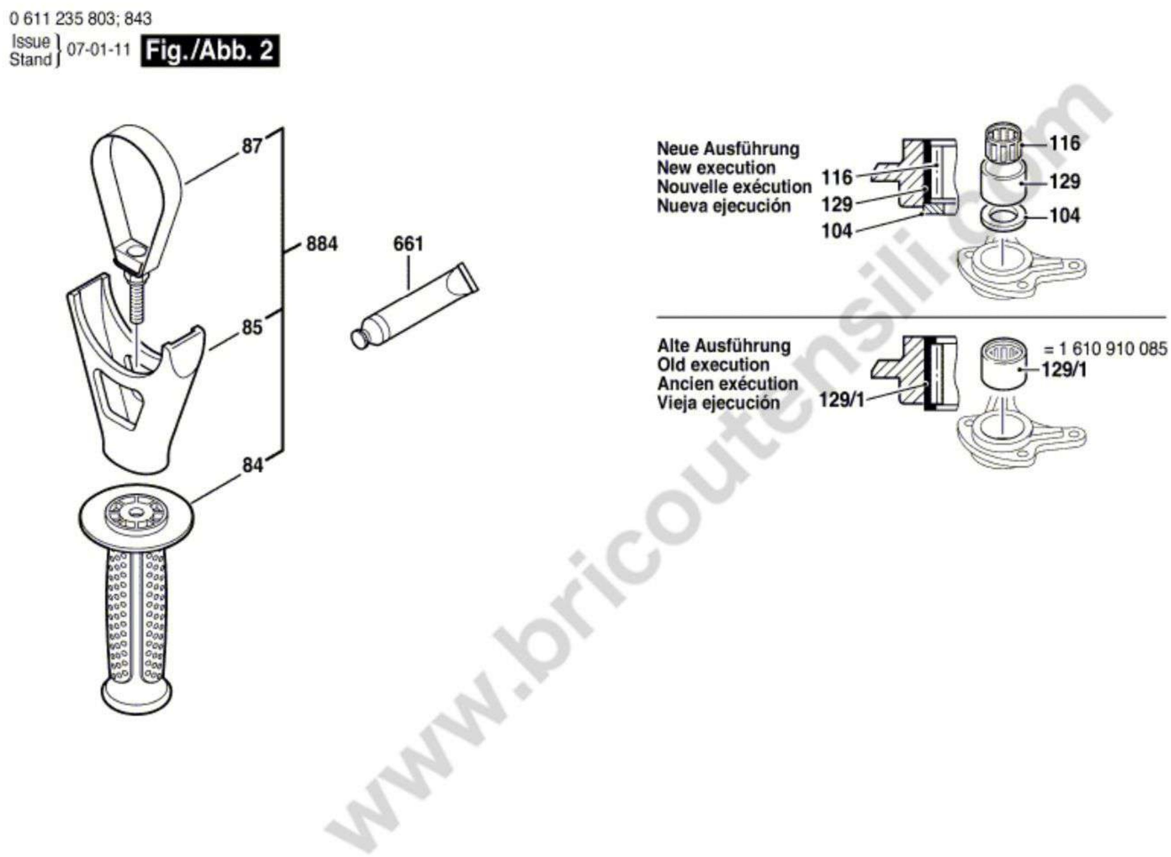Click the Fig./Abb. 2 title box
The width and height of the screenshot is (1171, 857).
coord(209,51)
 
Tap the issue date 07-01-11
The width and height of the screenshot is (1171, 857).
coord(99,50)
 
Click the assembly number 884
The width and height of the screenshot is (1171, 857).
coord(322,243)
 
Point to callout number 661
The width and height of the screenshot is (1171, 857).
coord(408,243)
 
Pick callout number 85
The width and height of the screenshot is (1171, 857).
coord(252,327)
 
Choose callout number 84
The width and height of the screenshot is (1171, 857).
coord(253,465)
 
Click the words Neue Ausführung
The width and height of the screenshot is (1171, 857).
coord(728,149)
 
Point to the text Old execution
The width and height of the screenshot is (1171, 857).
coord(713,365)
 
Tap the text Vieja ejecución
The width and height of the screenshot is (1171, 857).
coord(718,403)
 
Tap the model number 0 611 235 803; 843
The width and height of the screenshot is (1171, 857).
coord(80,19)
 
